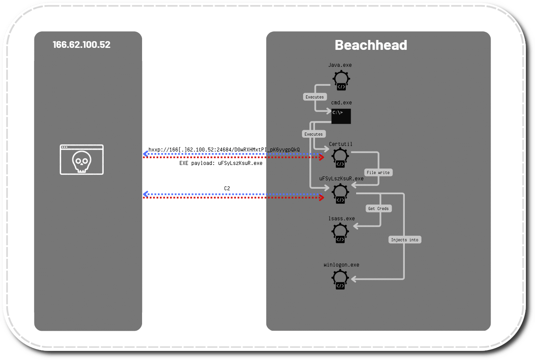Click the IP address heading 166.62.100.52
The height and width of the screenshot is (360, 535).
click(x=82, y=45)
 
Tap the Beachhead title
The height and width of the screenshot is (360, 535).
click(x=371, y=45)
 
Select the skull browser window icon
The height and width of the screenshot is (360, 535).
click(x=82, y=159)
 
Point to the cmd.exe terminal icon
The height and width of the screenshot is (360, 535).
click(x=341, y=116)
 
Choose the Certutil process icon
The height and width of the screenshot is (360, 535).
click(x=340, y=158)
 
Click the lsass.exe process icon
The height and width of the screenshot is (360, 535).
click(x=340, y=233)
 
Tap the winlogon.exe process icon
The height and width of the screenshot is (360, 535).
click(x=340, y=279)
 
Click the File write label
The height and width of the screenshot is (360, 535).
click(x=378, y=172)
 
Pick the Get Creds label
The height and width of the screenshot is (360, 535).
click(x=378, y=208)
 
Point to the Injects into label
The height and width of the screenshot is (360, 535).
click(x=404, y=240)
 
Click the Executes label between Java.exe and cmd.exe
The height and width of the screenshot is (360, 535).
click(x=315, y=97)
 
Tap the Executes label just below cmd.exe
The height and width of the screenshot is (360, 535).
click(x=314, y=134)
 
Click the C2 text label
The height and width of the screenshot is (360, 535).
click(x=227, y=188)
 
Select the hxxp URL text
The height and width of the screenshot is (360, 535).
click(x=224, y=150)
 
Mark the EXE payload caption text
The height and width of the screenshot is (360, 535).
click(x=221, y=163)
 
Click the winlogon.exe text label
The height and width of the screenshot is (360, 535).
click(x=341, y=265)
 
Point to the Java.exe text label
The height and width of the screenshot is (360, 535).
click(x=340, y=65)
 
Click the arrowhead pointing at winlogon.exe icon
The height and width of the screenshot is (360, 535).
click(x=353, y=279)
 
